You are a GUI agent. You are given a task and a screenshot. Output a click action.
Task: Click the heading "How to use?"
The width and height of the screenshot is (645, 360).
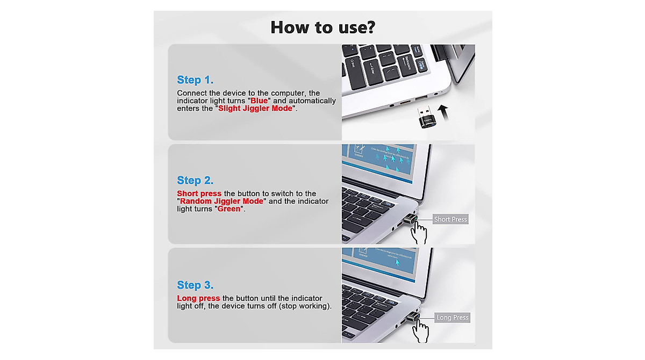tap(322, 27)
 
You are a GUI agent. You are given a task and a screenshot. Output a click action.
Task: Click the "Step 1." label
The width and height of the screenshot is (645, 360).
tap(195, 80)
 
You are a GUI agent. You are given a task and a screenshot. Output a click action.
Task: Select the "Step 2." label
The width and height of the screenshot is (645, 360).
tap(195, 181)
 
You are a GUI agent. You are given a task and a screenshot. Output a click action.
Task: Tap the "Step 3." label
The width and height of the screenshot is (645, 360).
tap(195, 285)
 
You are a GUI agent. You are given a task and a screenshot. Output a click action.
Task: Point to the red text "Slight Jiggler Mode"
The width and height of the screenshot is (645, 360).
tap(255, 109)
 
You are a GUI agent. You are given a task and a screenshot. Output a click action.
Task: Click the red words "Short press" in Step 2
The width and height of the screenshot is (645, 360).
tap(199, 193)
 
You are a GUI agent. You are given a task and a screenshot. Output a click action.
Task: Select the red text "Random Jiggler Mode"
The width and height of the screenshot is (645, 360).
tap(221, 201)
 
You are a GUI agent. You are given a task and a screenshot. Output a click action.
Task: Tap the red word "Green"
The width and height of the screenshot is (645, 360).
tap(229, 209)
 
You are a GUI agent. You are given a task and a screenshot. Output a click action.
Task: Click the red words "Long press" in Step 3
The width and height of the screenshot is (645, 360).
tap(198, 298)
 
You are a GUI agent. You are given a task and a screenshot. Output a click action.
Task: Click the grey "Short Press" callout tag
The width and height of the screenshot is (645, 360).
tap(450, 219)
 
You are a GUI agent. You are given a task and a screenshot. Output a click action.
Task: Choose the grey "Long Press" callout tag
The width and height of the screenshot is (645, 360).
tap(452, 318)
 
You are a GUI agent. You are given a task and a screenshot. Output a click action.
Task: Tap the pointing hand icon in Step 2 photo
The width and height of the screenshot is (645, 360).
tap(418, 233)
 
